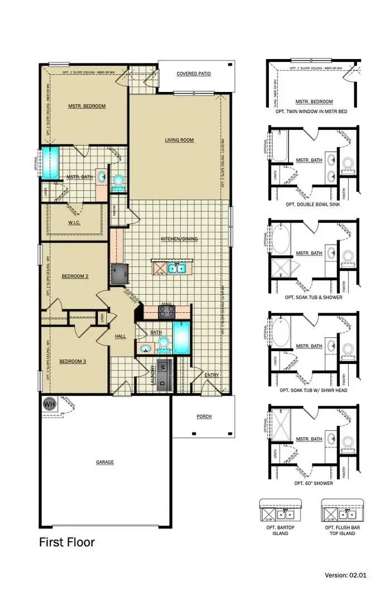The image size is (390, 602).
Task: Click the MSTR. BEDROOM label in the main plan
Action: click(x=86, y=106)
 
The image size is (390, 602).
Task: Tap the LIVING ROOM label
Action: click(x=179, y=140)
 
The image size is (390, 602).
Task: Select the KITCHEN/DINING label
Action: click(x=179, y=239)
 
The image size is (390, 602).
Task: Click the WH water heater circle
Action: click(x=50, y=404)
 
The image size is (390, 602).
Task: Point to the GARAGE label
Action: click(x=104, y=462)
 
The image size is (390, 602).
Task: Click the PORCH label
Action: click(x=204, y=416)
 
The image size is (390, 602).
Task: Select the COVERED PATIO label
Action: click(x=193, y=74)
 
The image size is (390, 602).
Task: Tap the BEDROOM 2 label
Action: click(x=75, y=276)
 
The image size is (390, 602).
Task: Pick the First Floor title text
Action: click(x=66, y=542)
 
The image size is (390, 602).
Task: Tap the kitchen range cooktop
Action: click(x=167, y=312)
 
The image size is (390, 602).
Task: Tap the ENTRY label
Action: click(x=211, y=375)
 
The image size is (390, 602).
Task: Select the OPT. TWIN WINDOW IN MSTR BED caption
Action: click(x=311, y=111)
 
